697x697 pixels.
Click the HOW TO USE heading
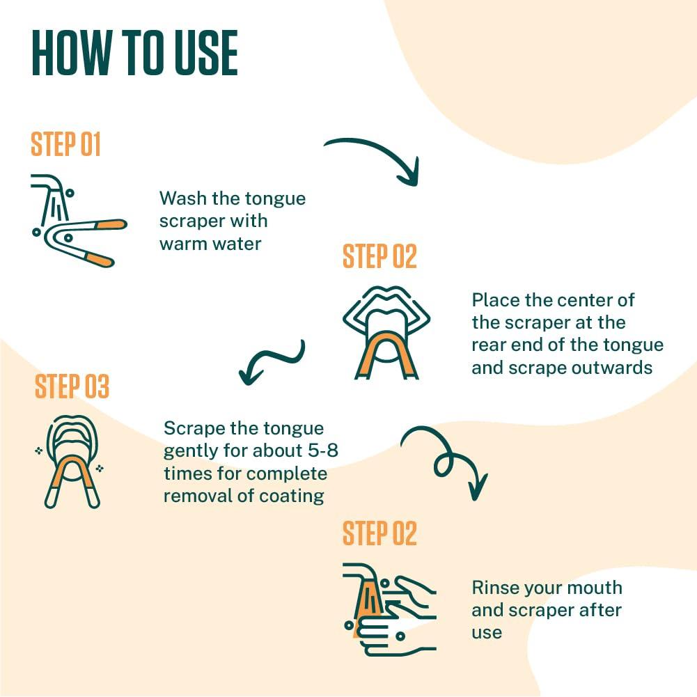[x=134, y=53]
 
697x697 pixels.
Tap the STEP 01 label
[x=65, y=144]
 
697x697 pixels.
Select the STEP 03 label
[x=72, y=386]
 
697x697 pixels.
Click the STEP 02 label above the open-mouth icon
[x=379, y=256]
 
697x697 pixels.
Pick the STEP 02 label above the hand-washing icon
[x=379, y=533]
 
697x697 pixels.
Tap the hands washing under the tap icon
[x=389, y=609]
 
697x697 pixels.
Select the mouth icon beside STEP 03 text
[x=71, y=462]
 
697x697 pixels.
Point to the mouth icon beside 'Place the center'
[x=386, y=333]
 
